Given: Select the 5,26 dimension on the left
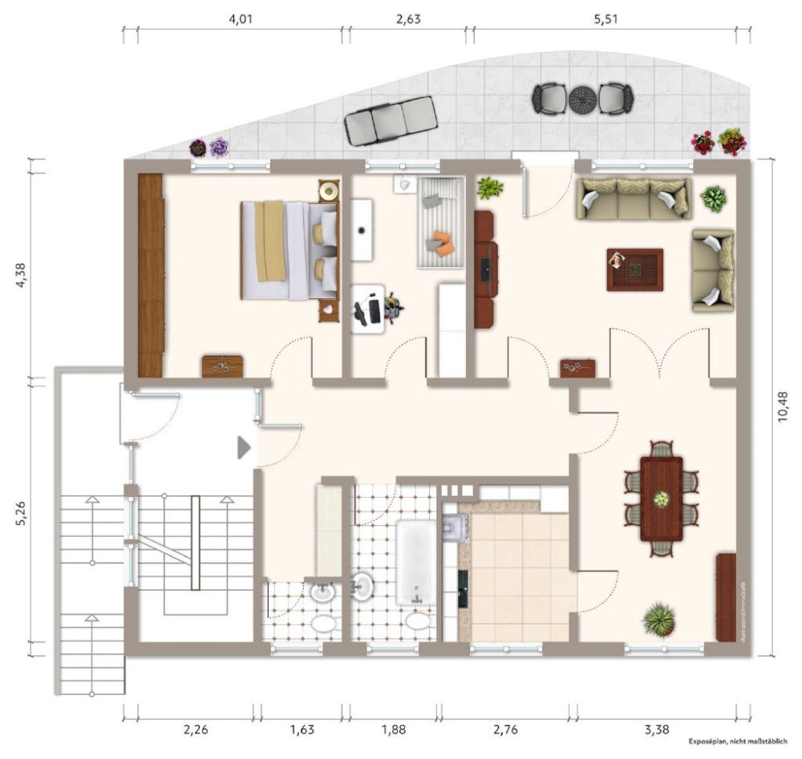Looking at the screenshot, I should pos(22,511).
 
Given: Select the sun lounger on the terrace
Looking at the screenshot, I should pos(391,119).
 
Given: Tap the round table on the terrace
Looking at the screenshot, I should pos(582,99).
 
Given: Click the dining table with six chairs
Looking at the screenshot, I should pos(661,499).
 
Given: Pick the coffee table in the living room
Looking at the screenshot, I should pos(634,269).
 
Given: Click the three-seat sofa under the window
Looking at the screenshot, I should pos(634,198).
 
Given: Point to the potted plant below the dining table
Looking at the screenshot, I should pos(658,620).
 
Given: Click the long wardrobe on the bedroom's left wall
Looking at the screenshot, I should pos(151,275).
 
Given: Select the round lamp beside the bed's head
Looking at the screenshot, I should pos(327,191).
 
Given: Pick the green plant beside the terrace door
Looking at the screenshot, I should pos(489,189).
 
